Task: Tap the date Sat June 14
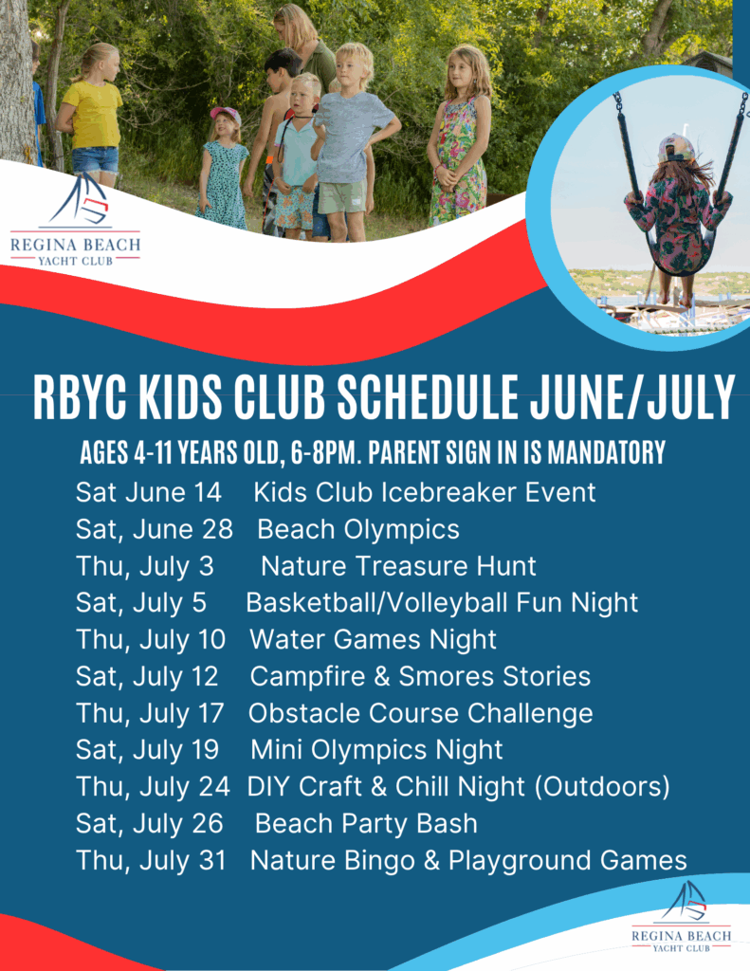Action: [149, 492]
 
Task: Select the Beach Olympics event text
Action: [358, 529]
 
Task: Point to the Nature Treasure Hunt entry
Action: [398, 566]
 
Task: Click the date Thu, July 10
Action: [151, 640]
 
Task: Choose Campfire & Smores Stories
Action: [420, 676]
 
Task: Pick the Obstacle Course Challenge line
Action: [421, 713]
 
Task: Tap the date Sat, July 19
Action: [147, 750]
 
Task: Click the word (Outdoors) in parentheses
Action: [602, 786]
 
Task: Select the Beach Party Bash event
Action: [366, 824]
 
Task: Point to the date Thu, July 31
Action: [151, 861]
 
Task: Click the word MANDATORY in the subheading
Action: [606, 452]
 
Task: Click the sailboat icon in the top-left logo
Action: [81, 199]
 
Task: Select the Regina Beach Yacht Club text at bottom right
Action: [681, 941]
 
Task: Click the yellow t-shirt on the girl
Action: [93, 115]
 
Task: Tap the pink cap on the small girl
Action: [226, 114]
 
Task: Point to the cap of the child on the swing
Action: [676, 148]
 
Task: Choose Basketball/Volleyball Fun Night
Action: [442, 602]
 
